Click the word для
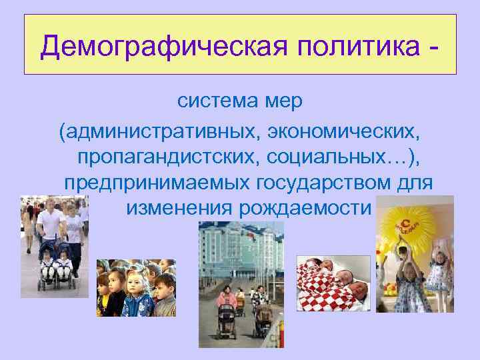point(415,182)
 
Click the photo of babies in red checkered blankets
point(333,283)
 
